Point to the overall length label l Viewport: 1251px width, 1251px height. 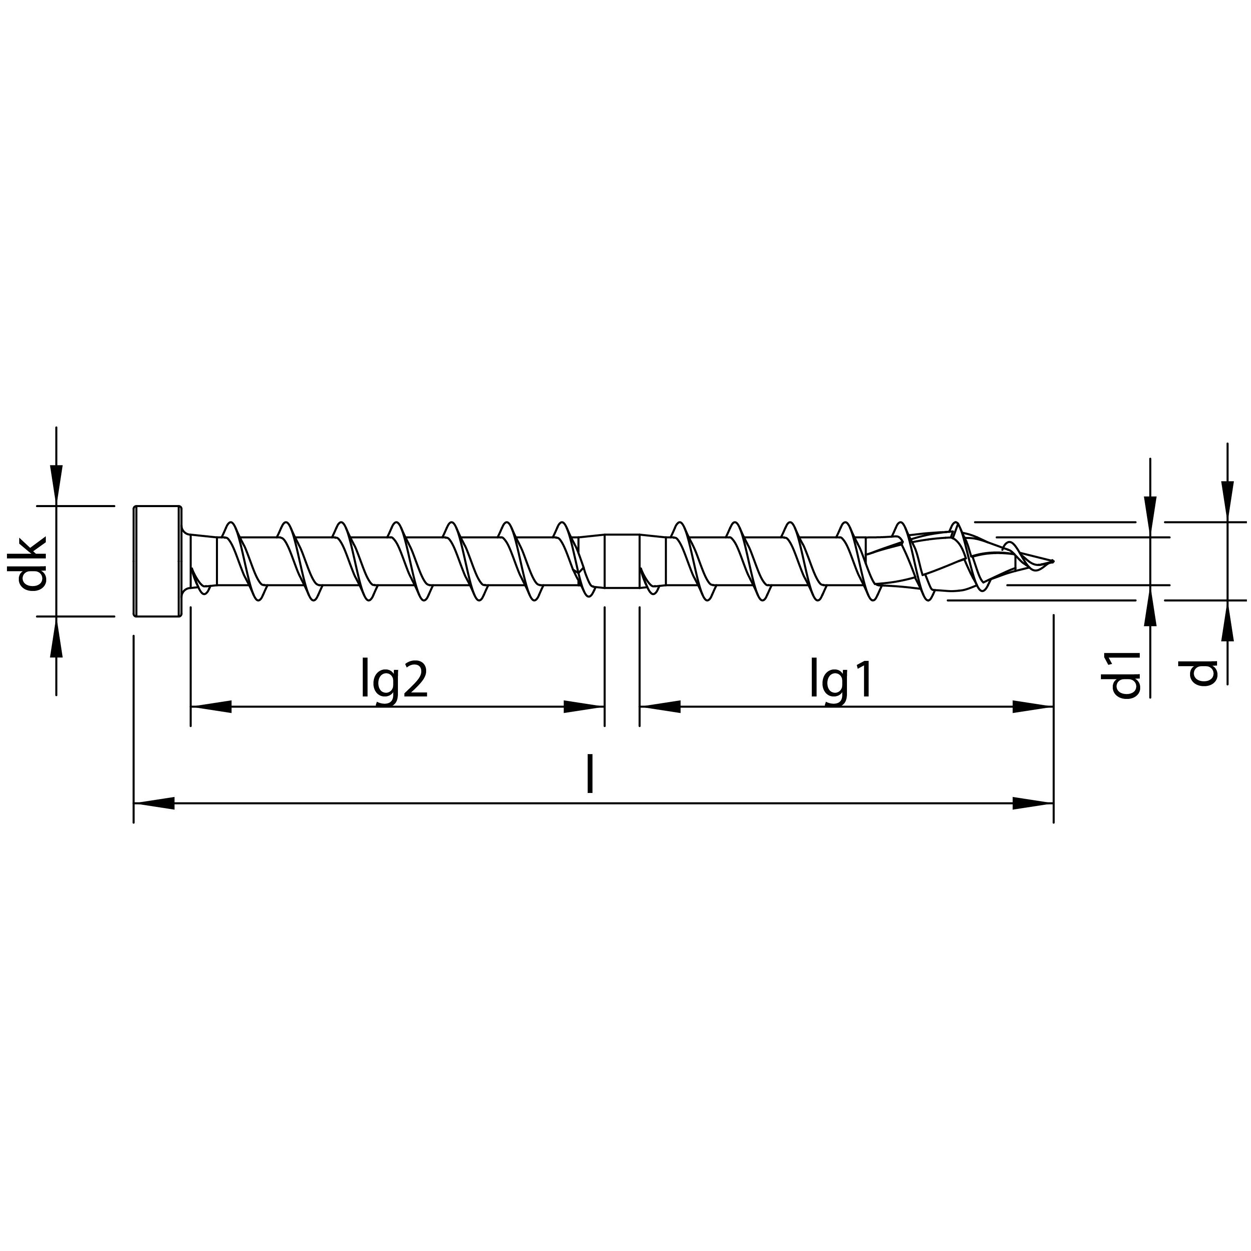click(589, 776)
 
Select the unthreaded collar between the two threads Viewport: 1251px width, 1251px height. click(622, 561)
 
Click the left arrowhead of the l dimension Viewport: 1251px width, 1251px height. click(154, 804)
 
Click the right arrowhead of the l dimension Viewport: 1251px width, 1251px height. click(1033, 804)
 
